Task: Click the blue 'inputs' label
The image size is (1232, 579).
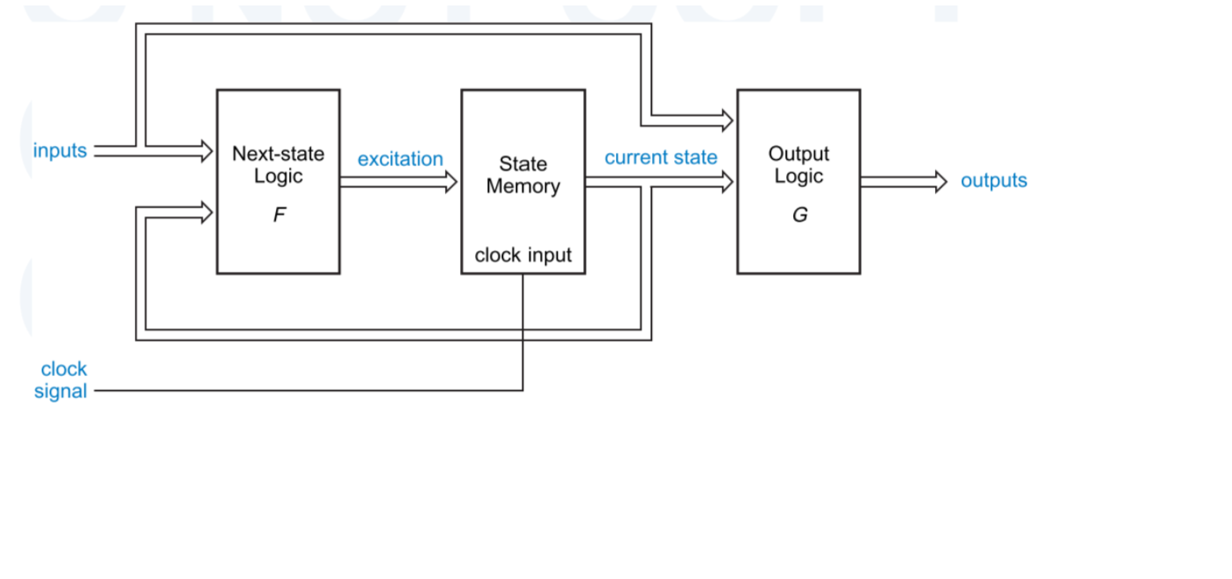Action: [60, 150]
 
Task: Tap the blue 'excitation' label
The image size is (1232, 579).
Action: [400, 159]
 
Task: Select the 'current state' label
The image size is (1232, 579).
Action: [661, 157]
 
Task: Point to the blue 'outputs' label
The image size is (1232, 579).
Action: [993, 180]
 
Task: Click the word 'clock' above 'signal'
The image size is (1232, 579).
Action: [63, 369]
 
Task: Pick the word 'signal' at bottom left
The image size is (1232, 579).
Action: [60, 391]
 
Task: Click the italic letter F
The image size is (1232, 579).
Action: [279, 215]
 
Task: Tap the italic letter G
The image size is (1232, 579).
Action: [799, 215]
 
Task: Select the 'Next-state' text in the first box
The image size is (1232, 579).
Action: [278, 154]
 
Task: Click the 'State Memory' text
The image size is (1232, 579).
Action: [523, 175]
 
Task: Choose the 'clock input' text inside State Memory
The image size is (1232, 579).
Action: [523, 255]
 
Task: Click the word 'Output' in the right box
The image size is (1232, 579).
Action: [798, 154]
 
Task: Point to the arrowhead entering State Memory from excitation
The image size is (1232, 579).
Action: [451, 183]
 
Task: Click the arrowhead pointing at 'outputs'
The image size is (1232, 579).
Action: [940, 182]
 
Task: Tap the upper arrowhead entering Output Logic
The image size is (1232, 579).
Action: [727, 121]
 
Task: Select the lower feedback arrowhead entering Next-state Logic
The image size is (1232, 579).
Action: [206, 212]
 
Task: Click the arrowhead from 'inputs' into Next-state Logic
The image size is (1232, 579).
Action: [206, 150]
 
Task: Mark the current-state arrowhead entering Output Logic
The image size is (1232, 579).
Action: [727, 183]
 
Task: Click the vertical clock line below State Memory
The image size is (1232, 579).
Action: [523, 329]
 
